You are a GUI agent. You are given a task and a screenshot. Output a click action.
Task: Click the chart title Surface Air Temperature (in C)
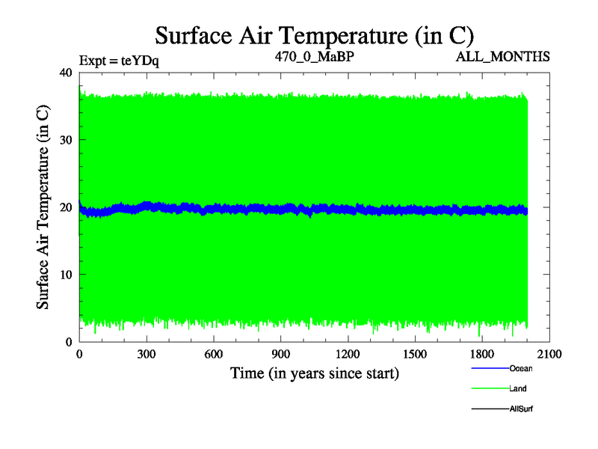point(314,35)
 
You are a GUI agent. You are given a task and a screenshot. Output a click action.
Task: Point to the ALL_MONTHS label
point(508,56)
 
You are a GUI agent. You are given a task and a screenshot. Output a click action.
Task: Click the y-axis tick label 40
point(65,73)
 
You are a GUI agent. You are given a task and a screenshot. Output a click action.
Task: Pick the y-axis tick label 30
point(65,140)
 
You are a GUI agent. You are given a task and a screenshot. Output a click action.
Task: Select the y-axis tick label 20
point(65,207)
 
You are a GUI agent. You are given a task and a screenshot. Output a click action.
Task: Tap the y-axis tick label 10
point(65,275)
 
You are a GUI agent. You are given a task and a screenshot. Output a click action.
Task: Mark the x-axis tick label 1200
point(348,355)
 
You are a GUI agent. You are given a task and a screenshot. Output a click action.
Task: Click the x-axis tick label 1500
point(416,355)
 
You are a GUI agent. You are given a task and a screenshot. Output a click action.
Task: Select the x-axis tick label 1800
point(483,355)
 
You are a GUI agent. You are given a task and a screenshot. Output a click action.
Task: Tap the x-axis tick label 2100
point(550,355)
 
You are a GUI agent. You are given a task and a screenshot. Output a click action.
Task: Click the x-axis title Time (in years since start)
point(314,373)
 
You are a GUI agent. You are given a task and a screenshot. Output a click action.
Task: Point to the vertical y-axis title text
point(43,207)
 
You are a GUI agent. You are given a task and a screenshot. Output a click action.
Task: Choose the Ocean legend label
point(521,368)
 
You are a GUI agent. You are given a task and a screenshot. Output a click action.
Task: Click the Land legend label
point(518,388)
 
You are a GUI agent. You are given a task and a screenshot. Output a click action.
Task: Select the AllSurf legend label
point(521,409)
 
